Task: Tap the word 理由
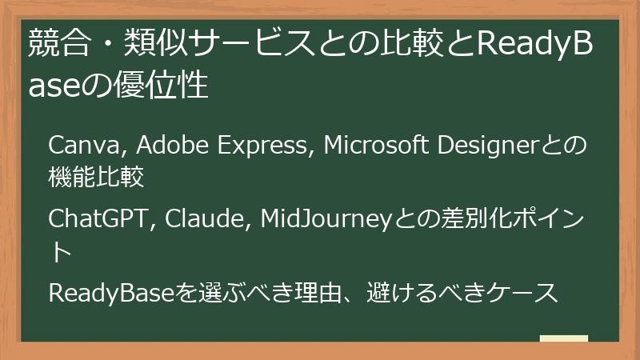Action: pos(304,293)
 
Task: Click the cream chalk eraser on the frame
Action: pos(563,338)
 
